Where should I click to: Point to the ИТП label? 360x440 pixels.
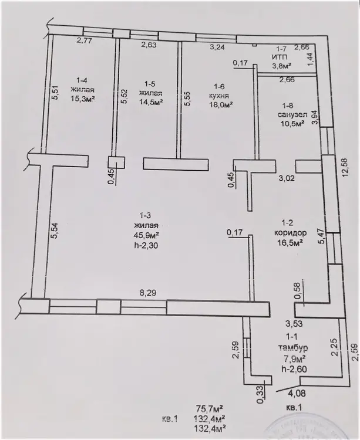(x=278, y=57)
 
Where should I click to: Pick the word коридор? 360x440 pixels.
(x=287, y=232)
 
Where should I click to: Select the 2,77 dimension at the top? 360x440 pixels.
(x=86, y=41)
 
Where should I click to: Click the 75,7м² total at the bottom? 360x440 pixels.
(x=208, y=408)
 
